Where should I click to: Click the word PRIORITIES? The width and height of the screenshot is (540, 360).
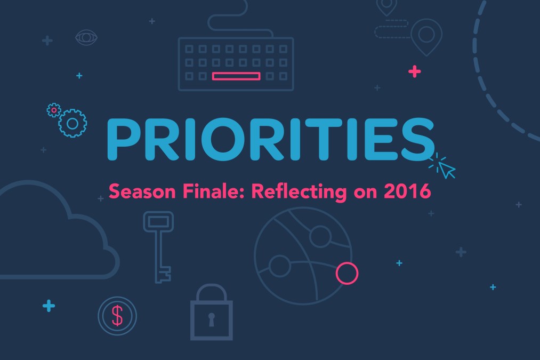click(271, 139)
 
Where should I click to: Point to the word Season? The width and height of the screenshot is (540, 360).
click(142, 191)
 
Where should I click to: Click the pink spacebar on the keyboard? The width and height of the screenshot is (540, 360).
click(236, 76)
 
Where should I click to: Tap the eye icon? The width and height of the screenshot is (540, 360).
click(86, 37)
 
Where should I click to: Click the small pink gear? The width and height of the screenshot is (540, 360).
click(54, 110)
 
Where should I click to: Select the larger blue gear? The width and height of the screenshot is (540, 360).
click(72, 123)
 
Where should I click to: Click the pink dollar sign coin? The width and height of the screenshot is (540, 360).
click(117, 316)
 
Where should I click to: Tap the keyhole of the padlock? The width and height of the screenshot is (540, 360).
click(212, 319)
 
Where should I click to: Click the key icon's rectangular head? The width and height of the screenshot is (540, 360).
click(158, 221)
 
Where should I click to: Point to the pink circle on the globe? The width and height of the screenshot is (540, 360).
click(347, 273)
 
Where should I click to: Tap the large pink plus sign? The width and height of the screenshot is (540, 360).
click(415, 71)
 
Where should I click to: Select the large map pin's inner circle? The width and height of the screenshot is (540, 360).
click(426, 35)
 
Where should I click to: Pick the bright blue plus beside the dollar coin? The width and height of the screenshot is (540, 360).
click(49, 306)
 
